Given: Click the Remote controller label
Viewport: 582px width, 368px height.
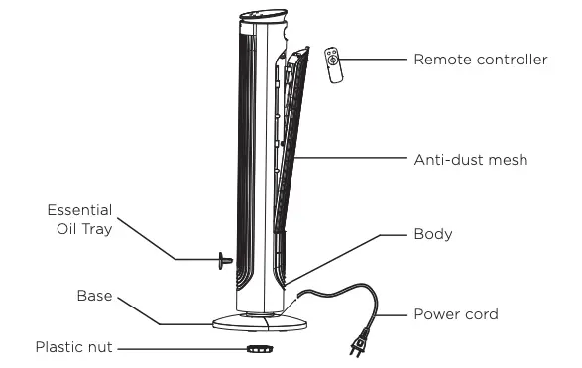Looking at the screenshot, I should point(480,60).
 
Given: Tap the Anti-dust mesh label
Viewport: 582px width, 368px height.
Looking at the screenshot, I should point(470,159).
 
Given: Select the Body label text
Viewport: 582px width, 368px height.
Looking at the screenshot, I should point(432,235).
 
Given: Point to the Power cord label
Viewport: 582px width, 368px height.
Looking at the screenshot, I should point(455,314).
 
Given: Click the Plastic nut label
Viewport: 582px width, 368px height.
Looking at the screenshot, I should point(74,347).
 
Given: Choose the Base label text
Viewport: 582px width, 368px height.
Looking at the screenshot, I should point(94,297).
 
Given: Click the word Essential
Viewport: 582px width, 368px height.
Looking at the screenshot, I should point(79,210).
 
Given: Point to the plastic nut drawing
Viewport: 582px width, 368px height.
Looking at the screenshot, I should point(260,349).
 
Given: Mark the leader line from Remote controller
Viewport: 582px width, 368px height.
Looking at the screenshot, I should point(376,60).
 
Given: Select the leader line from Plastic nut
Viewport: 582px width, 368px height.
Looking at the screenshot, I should point(178,348).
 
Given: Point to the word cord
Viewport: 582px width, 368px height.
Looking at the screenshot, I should point(480,314).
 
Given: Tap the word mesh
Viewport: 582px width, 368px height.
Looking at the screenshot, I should point(505,159).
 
